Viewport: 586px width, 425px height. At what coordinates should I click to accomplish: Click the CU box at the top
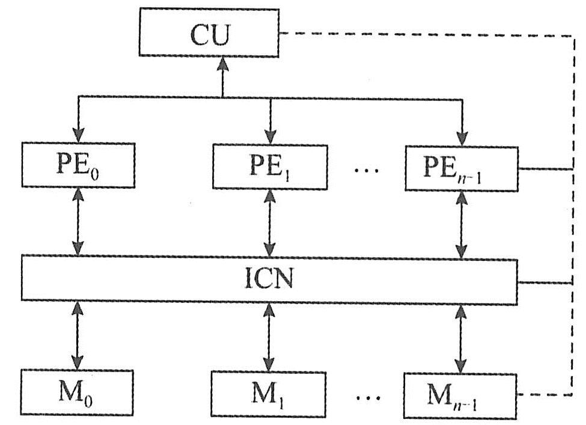click(209, 34)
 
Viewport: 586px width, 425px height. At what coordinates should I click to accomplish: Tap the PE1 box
click(269, 166)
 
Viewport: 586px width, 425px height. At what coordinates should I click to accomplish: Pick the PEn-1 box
click(461, 168)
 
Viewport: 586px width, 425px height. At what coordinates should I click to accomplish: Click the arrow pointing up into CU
click(223, 76)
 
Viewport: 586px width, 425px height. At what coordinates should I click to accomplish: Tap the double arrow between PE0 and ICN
click(78, 222)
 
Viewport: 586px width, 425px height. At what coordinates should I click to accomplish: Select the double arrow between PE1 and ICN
click(270, 222)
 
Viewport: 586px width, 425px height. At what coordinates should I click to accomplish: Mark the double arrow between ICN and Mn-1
click(462, 338)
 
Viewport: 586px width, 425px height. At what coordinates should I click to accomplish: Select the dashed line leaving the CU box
click(421, 34)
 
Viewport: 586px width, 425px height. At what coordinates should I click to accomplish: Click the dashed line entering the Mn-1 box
click(544, 394)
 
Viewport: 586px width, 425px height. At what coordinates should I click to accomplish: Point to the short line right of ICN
click(543, 281)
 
